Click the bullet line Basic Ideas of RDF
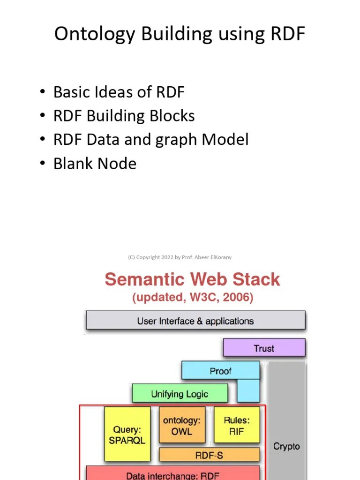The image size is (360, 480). click(x=119, y=92)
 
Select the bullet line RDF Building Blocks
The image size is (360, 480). click(x=124, y=116)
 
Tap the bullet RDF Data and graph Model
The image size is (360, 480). click(x=150, y=139)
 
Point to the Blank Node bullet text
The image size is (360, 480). click(x=95, y=163)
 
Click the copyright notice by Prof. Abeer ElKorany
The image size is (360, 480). click(x=180, y=257)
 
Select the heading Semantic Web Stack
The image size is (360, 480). click(x=192, y=279)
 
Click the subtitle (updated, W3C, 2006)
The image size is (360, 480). click(x=193, y=298)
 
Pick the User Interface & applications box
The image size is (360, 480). click(x=195, y=321)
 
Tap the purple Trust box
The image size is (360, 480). click(x=264, y=348)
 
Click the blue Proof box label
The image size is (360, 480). click(x=220, y=371)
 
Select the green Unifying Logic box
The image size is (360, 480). click(x=180, y=394)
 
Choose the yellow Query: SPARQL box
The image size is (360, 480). click(x=127, y=434)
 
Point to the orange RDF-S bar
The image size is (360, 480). click(x=209, y=455)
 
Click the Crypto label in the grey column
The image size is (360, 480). click(x=286, y=446)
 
